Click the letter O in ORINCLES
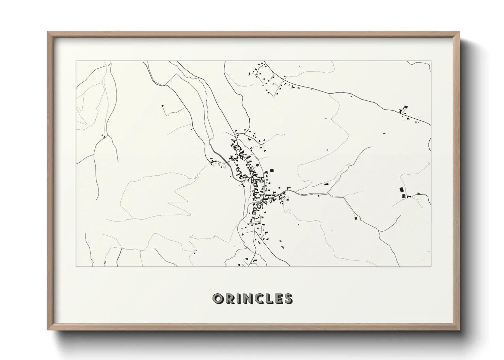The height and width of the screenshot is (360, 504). [218, 298]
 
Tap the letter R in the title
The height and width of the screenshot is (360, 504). [230, 298]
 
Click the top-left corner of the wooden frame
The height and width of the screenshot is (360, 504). [48, 32]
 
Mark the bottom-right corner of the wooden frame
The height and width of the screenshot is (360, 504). [459, 330]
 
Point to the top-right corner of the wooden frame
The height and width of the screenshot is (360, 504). [459, 32]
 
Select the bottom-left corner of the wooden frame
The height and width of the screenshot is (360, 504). [48, 330]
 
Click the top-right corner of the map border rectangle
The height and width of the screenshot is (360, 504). [431, 61]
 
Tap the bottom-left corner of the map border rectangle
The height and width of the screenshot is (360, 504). [76, 266]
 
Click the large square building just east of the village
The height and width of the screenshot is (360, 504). [272, 170]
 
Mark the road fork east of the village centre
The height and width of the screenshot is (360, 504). [328, 193]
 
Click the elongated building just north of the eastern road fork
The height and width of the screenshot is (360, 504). [327, 184]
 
